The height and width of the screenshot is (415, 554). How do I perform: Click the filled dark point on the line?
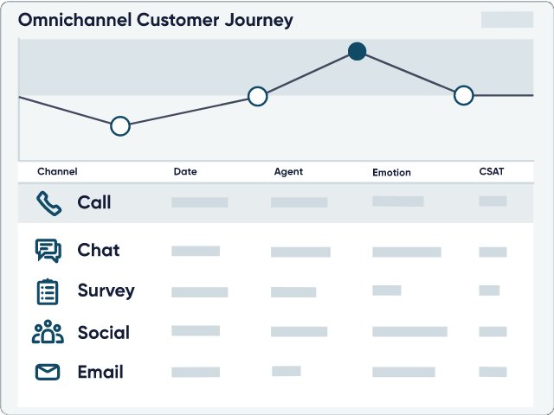pos(357,52)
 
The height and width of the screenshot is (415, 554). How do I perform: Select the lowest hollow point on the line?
pos(120,126)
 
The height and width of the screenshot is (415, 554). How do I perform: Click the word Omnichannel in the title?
pos(75,20)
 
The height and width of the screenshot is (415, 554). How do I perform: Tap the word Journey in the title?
pos(259,21)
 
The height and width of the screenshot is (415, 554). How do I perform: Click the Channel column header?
pos(57,171)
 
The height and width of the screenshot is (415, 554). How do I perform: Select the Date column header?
pos(185,171)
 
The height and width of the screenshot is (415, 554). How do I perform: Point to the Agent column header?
pos(288,172)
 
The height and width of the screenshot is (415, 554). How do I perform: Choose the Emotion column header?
pos(391,172)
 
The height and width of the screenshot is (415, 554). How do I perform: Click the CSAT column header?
pos(492,171)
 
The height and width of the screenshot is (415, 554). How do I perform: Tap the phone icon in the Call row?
pos(48,203)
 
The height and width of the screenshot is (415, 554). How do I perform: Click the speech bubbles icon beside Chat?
pos(48,251)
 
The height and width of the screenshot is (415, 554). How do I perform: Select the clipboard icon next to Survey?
pos(48,291)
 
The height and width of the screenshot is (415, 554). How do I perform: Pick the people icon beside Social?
pos(48,331)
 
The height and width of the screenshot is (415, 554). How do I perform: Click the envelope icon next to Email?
pos(48,372)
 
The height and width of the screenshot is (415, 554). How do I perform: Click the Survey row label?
pos(106,290)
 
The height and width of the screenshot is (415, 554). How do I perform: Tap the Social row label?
pos(104,332)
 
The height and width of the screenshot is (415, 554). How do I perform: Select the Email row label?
pos(100,372)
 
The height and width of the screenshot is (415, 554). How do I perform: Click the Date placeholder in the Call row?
pos(200,202)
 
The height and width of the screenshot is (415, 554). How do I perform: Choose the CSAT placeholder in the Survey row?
pos(489,290)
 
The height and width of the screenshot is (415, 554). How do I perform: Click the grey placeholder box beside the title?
pos(507,19)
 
